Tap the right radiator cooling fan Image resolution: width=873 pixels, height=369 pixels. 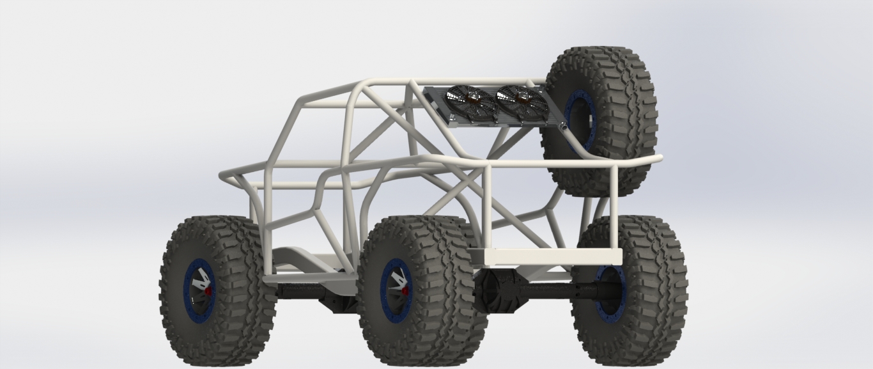[521, 102]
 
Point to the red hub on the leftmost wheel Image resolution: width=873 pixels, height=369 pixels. [209, 291]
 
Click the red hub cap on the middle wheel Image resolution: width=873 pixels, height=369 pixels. [405, 292]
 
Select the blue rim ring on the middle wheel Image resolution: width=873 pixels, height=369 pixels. [386, 291]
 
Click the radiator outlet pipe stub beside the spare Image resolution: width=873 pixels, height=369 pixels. [564, 127]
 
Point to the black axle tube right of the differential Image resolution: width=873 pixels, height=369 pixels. [556, 292]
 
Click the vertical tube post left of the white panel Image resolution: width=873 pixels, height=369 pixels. [487, 205]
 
